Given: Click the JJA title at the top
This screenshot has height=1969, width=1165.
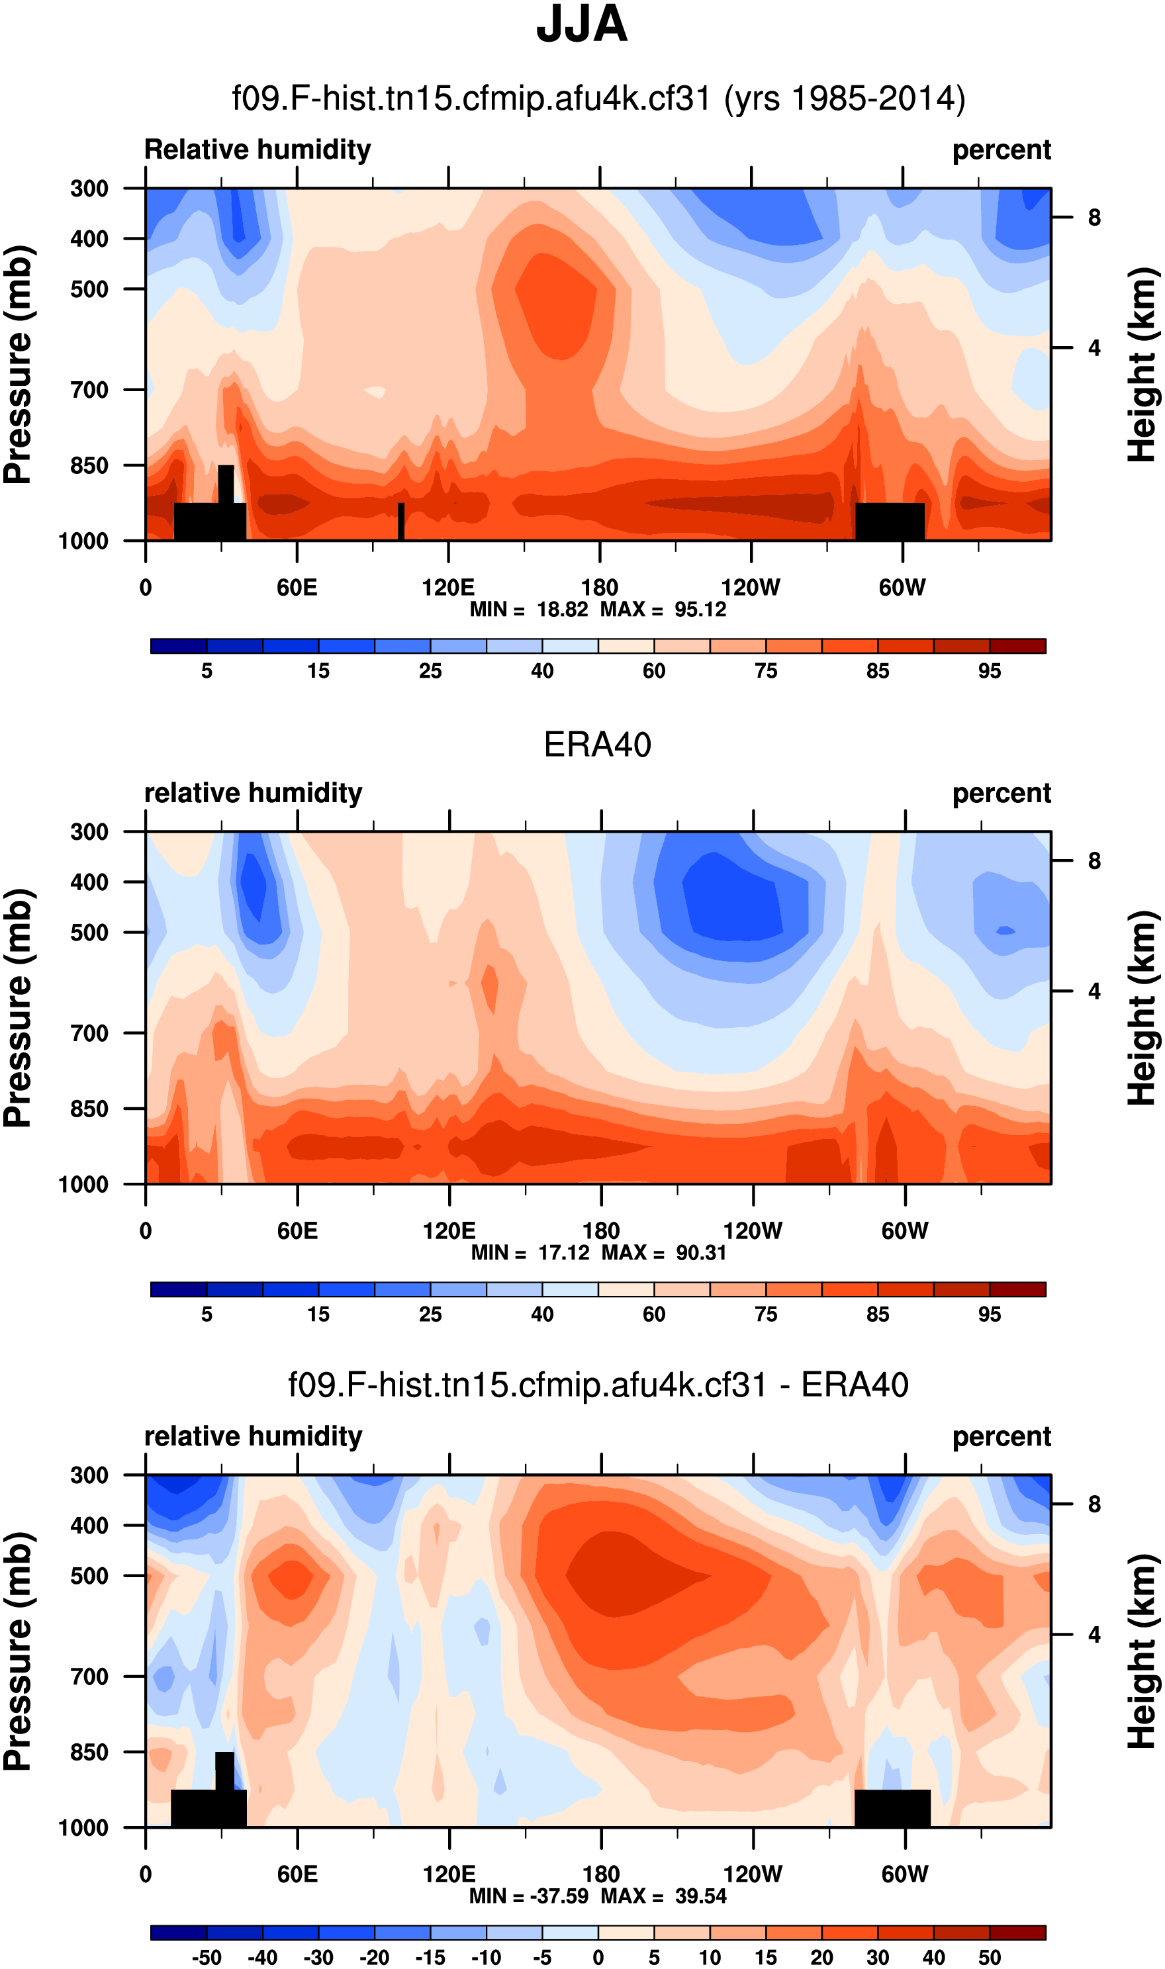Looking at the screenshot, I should pos(582,25).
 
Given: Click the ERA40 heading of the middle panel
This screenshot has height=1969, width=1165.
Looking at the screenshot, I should pos(598,745).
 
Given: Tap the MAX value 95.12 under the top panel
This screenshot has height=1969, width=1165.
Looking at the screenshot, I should pos(700,610).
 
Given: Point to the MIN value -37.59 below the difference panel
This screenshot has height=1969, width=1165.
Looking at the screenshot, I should pos(560,1896).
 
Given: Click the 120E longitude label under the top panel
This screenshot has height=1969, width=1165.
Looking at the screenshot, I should pos(448,588).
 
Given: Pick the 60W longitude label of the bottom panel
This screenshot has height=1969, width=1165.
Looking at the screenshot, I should pos(904,1874).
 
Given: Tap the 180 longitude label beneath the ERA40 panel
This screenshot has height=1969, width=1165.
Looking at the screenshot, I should pos(600,1230).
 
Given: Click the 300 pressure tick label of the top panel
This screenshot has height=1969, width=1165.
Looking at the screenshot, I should pos(89,189).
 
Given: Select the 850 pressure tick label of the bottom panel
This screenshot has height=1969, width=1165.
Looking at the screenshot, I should pos(89,1752).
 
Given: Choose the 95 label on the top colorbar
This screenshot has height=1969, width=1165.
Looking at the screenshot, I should pos(989,671).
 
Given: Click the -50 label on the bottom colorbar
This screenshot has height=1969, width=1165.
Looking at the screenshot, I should pos(206,1958).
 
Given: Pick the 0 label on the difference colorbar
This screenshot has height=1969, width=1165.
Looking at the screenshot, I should pos(598,1958).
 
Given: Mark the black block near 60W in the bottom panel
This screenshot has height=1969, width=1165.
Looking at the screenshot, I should pos(892,1808).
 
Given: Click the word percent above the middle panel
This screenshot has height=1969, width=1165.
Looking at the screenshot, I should pos(1001,794).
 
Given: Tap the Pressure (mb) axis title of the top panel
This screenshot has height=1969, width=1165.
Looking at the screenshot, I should pos(19,365).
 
